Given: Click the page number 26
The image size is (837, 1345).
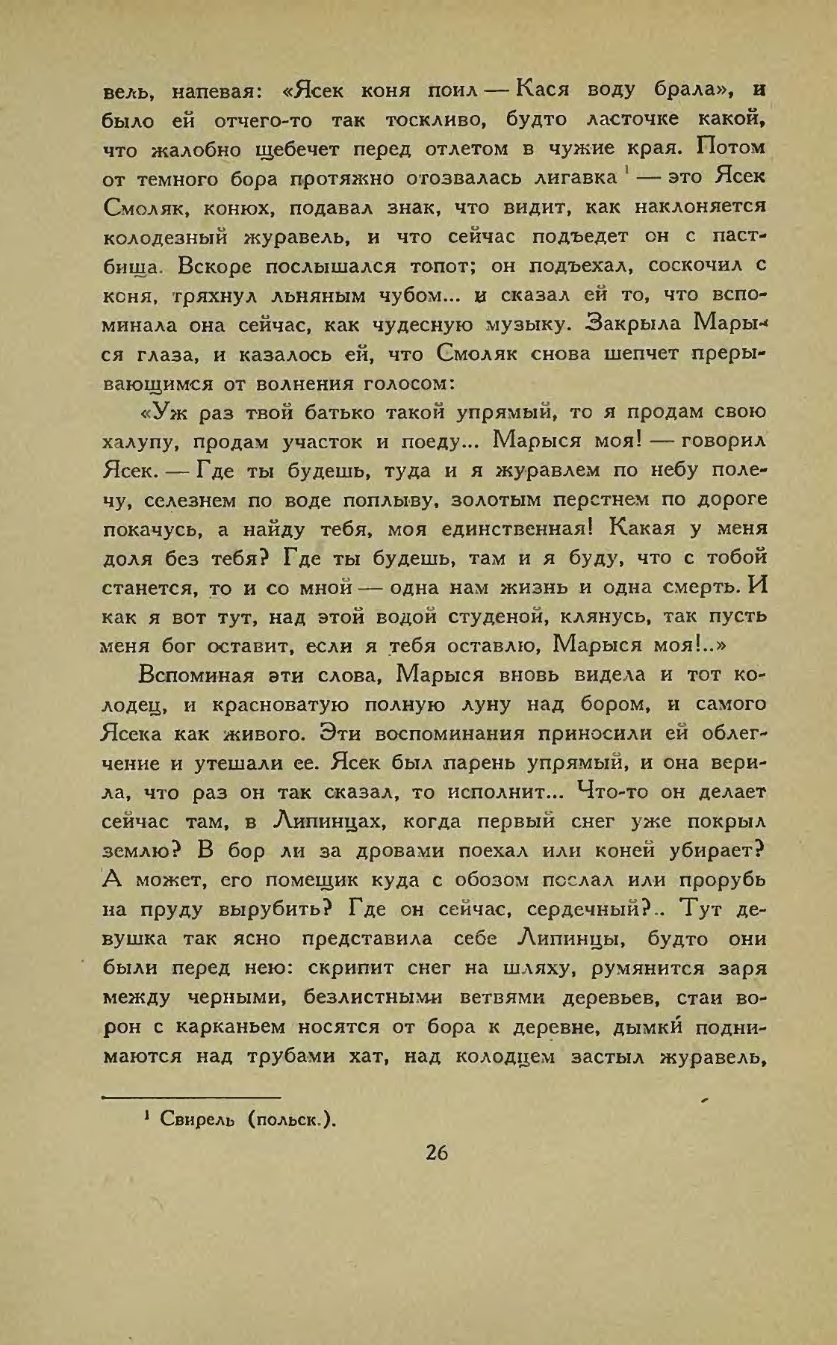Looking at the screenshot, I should coord(436,1152).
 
